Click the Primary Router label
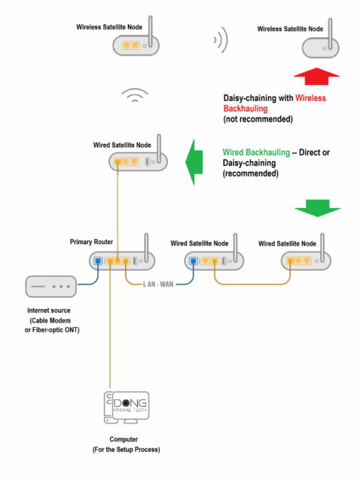[x=91, y=242]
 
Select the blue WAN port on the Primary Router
[x=99, y=262]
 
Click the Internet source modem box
[x=50, y=286]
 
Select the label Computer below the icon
[x=124, y=439]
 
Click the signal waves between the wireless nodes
[x=219, y=41]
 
